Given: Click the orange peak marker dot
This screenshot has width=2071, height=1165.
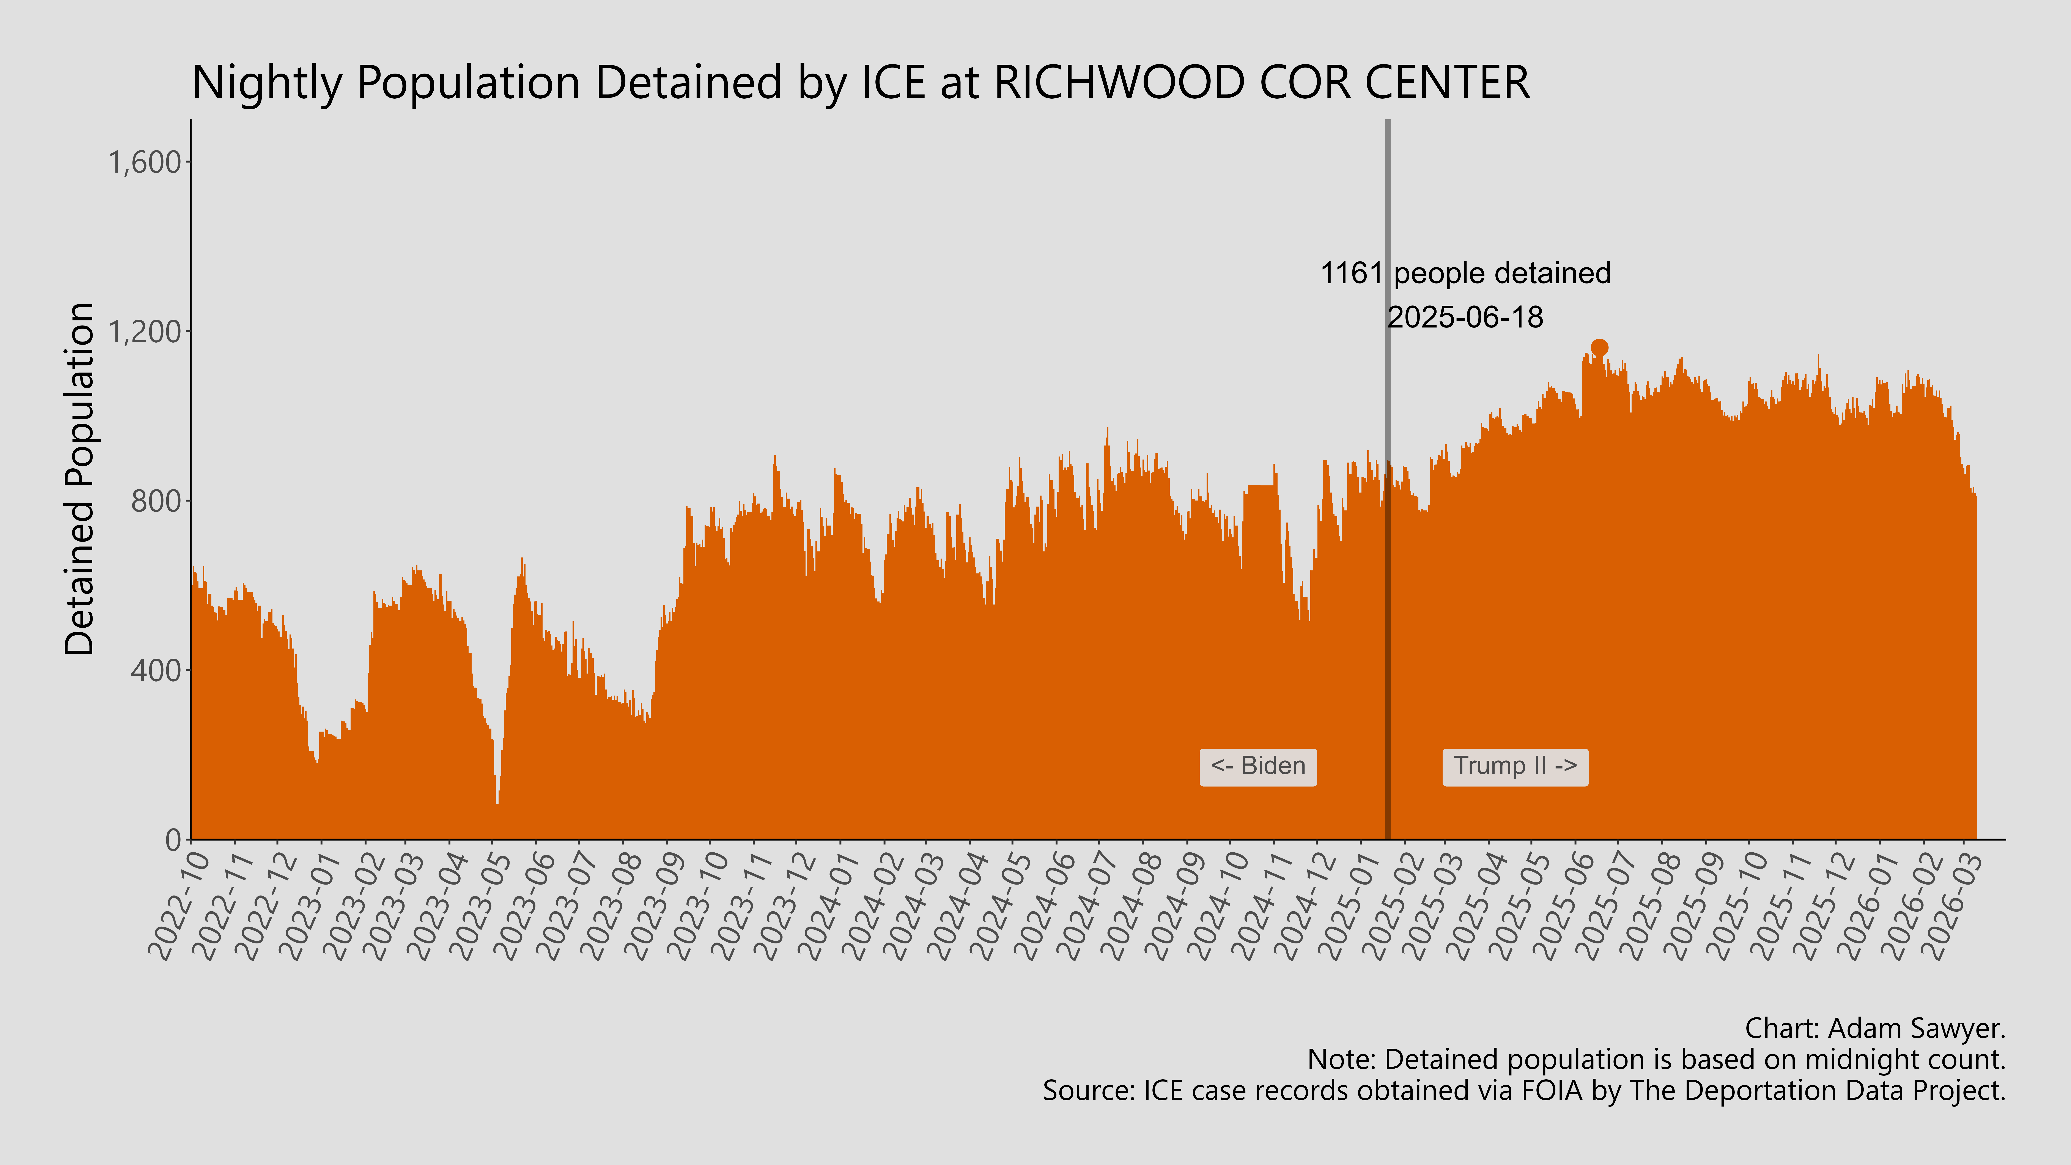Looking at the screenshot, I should (1599, 347).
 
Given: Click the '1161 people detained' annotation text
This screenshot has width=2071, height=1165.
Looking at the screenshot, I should (1465, 273).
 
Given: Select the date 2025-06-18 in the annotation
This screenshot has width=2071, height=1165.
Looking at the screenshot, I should (1465, 318).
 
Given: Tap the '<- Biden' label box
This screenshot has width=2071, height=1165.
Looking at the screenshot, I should (1257, 766).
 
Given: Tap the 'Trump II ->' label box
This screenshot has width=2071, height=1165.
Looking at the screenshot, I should (1515, 766).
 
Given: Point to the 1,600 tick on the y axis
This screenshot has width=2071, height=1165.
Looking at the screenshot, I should (145, 162).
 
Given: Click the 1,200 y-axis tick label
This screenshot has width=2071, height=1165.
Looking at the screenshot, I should (145, 331).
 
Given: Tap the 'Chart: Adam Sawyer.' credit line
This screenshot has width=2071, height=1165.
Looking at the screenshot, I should (1875, 1028).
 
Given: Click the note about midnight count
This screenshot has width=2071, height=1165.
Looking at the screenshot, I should (1656, 1060).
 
